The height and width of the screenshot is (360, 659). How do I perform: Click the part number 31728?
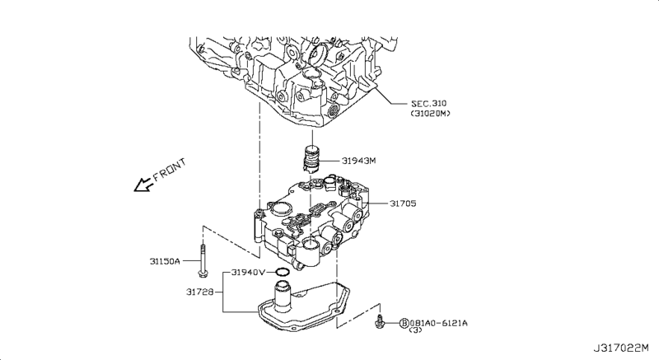click(202, 290)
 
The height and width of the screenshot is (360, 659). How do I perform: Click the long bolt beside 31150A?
click(202, 263)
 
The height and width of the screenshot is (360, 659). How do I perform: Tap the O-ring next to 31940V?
click(281, 272)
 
